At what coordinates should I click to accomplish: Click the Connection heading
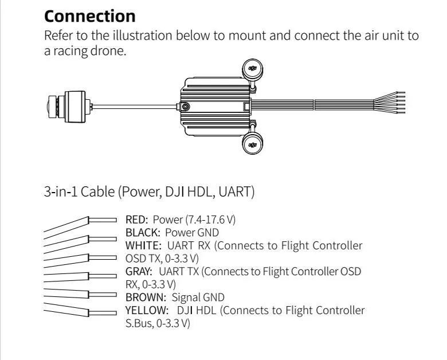pos(89,15)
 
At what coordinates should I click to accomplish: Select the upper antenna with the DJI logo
pos(252,70)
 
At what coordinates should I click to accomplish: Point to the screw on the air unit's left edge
pos(185,106)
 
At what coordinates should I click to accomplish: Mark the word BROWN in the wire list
pos(144,297)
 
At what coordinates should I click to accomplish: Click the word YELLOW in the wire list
pos(147,310)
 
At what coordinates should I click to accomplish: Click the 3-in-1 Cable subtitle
pos(149,191)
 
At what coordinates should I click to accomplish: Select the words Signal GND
pos(198,297)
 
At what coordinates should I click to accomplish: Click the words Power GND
pos(192,233)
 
